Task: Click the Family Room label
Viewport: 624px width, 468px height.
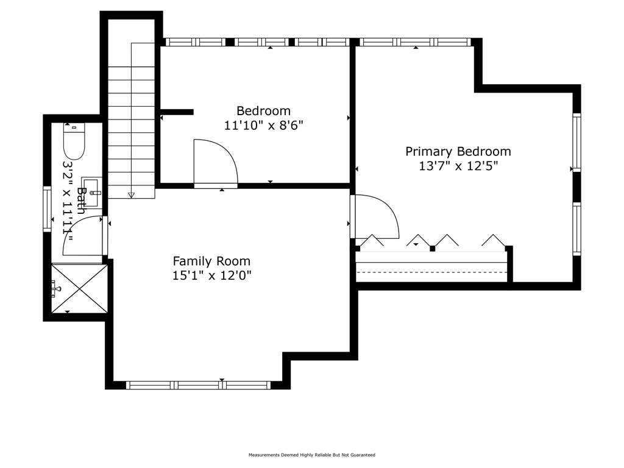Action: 211,261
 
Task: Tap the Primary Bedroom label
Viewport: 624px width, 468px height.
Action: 458,152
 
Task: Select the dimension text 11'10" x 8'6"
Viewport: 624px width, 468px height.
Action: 263,126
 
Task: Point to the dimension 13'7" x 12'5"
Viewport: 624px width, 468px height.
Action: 458,166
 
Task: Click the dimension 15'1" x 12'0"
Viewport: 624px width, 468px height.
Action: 211,275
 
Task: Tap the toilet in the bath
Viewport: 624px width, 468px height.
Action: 74,141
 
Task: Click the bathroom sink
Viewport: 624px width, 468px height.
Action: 92,193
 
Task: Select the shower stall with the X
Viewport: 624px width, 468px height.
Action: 80,288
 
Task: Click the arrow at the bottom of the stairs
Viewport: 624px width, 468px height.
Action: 132,195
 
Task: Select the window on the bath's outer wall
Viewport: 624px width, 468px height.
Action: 48,210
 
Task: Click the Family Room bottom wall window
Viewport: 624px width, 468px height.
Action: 199,385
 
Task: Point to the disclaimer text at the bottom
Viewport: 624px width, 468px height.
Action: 311,455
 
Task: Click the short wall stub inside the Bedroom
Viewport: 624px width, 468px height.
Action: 177,112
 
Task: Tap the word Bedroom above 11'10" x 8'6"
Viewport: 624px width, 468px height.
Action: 263,111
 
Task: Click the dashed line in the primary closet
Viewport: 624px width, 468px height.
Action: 432,272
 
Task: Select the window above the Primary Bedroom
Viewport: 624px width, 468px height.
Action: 415,42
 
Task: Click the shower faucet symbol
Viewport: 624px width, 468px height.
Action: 55,288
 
